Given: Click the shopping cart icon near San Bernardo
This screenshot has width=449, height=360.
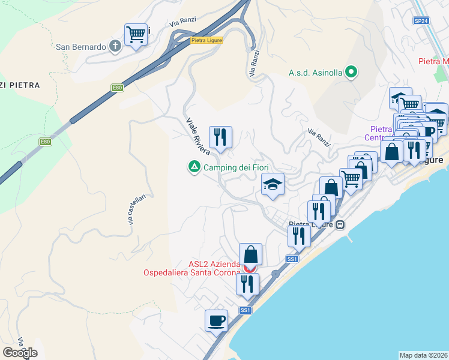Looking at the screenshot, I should [x=136, y=35].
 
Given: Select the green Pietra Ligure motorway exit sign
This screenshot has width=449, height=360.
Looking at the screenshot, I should [x=206, y=40].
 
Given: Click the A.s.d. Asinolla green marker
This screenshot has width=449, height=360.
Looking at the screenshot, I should [x=352, y=73].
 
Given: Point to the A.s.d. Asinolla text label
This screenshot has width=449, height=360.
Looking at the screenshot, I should [x=315, y=73].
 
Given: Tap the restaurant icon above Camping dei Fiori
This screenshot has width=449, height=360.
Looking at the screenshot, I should [x=220, y=137].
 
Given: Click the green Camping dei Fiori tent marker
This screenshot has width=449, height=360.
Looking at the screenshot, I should [x=194, y=167].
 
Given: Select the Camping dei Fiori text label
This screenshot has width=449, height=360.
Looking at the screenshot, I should [x=235, y=167].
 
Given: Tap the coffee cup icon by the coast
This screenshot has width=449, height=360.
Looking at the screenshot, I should [x=216, y=320].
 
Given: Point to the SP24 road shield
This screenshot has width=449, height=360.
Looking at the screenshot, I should [x=421, y=21].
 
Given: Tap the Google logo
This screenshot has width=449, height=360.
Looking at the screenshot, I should [x=20, y=353].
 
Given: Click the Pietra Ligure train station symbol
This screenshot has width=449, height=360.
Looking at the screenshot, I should [x=340, y=225].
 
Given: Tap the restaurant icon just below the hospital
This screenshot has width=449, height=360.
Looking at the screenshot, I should [x=247, y=284].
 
